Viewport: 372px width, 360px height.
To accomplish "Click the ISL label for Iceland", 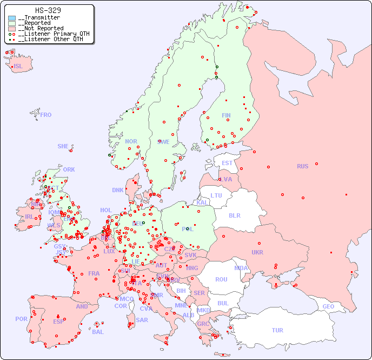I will pyautogui.click(x=18, y=67).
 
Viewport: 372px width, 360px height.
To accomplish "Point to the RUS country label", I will pyautogui.click(x=302, y=166).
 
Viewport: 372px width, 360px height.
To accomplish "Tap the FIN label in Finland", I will pyautogui.click(x=226, y=115).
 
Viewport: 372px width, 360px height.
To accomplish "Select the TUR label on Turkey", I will pyautogui.click(x=277, y=330).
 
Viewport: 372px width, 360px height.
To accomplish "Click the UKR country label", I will pyautogui.click(x=257, y=252).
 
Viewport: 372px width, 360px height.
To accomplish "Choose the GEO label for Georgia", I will pyautogui.click(x=328, y=306).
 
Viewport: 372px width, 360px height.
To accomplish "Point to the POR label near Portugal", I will pyautogui.click(x=21, y=319).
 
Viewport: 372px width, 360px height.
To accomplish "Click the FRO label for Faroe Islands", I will pyautogui.click(x=46, y=115).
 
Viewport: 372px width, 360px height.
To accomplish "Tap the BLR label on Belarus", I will pyautogui.click(x=234, y=215).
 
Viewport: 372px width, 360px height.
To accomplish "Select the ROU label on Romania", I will pyautogui.click(x=221, y=279).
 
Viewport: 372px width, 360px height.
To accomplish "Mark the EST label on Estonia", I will pyautogui.click(x=227, y=163).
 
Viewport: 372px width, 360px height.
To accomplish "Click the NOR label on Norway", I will pyautogui.click(x=131, y=141).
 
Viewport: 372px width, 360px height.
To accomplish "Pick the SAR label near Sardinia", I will pyautogui.click(x=142, y=320).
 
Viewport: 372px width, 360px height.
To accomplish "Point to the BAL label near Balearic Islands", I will pyautogui.click(x=97, y=332).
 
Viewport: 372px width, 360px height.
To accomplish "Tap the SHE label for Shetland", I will pyautogui.click(x=63, y=146).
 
